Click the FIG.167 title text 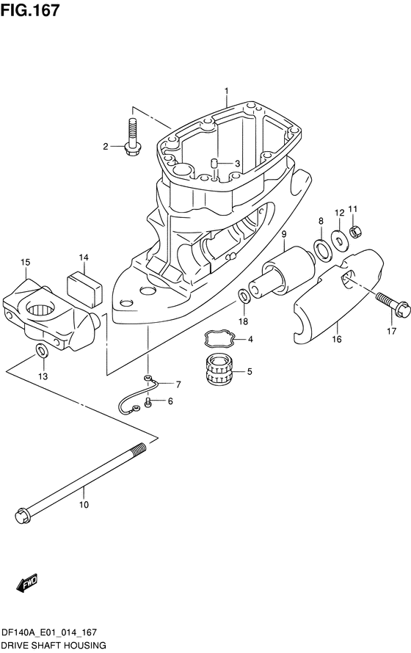[30, 10]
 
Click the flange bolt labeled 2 [133, 138]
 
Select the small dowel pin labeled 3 [214, 163]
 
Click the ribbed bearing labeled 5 [219, 368]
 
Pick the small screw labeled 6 [148, 402]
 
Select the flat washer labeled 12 [338, 241]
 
